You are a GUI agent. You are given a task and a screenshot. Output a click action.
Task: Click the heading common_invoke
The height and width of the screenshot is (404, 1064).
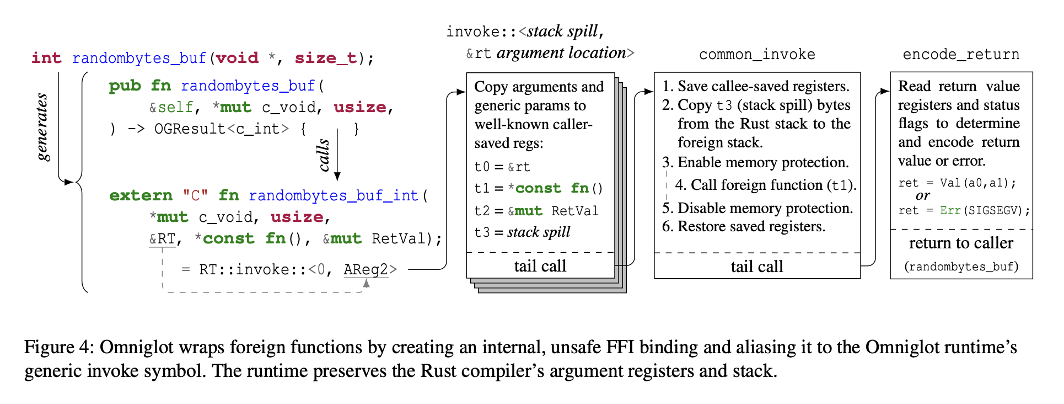tap(756, 55)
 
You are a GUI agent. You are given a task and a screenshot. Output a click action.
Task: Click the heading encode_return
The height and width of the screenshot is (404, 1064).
tap(960, 55)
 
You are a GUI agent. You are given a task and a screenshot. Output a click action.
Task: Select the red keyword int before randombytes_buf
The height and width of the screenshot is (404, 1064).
tap(46, 58)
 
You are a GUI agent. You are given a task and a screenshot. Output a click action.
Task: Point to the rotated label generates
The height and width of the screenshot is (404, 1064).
tap(42, 127)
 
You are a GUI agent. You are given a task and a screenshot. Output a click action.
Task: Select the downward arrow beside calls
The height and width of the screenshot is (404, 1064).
tap(337, 155)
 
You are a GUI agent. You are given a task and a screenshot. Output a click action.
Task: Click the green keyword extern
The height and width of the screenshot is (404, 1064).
tap(141, 195)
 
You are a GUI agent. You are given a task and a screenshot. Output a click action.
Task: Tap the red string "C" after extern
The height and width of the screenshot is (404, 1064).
tap(195, 195)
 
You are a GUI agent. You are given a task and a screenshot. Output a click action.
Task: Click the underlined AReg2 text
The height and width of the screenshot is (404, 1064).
tap(366, 270)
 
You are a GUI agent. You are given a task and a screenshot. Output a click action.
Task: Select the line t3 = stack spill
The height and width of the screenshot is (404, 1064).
tap(522, 232)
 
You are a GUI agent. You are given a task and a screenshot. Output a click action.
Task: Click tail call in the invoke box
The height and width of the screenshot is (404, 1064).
tap(540, 266)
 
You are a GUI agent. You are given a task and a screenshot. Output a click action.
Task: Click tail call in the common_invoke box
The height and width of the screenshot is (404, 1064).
tap(756, 267)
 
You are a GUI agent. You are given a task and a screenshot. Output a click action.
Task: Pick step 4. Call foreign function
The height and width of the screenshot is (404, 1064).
tap(765, 185)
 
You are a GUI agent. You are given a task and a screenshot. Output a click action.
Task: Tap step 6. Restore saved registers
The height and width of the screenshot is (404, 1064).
tap(743, 227)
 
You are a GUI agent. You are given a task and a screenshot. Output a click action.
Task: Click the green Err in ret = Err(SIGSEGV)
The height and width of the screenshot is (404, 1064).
tap(950, 210)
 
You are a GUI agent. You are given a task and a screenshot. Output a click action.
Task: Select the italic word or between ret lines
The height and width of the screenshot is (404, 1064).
tap(922, 196)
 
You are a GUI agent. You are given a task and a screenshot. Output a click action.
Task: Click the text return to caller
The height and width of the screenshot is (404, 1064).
tap(960, 243)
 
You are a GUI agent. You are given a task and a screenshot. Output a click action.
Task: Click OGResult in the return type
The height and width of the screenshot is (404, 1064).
tap(190, 129)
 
